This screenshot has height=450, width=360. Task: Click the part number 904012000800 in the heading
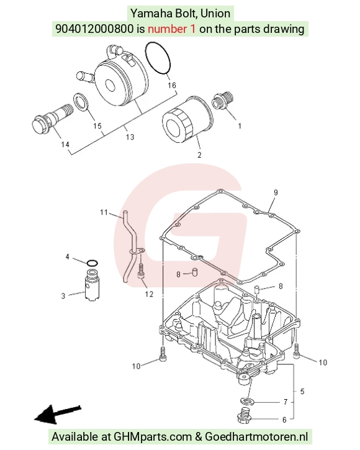tap(94, 29)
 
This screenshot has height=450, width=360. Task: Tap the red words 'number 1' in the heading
tap(172, 29)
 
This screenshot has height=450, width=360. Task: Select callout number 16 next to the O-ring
tap(172, 85)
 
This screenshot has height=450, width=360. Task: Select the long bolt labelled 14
tap(52, 120)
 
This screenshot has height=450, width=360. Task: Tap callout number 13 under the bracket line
tap(130, 137)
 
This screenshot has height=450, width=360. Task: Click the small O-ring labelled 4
tap(92, 263)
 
